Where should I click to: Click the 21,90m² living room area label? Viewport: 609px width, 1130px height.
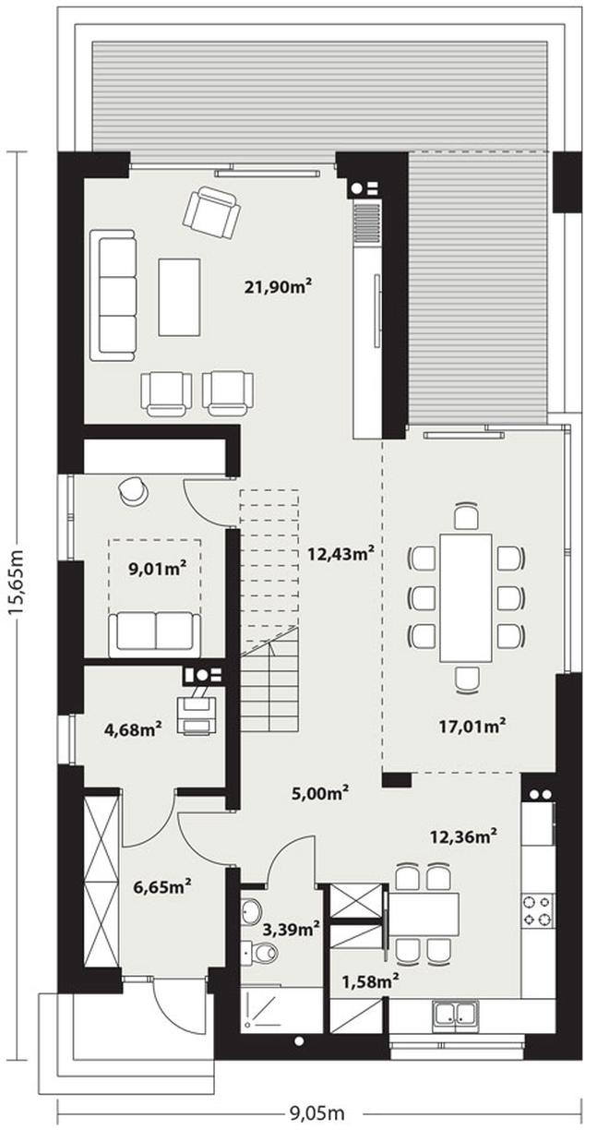[x=277, y=287]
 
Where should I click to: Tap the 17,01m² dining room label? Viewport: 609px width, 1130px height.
[x=471, y=726]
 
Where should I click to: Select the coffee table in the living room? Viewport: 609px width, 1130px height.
[x=179, y=296]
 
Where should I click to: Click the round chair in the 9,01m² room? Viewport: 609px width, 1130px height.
[x=132, y=491]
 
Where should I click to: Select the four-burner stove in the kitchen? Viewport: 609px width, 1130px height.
[x=537, y=909]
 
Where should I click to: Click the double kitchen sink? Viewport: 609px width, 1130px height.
[x=456, y=1014]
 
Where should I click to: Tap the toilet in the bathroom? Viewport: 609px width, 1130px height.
[x=263, y=953]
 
